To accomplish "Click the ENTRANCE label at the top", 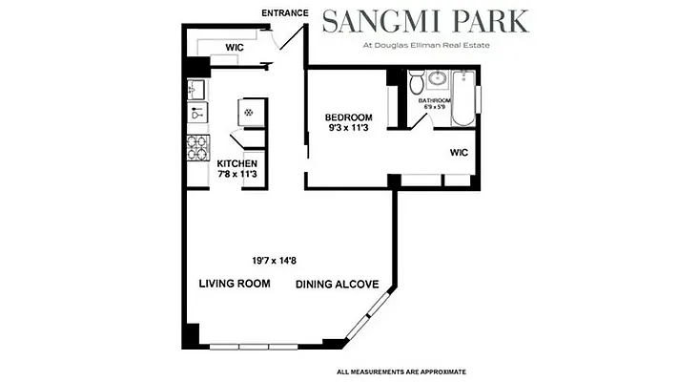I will [x=284, y=13].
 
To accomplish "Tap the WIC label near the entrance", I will [x=235, y=46].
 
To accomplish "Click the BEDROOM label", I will [x=348, y=117].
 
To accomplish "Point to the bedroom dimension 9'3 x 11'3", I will [x=348, y=129].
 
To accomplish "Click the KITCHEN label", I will [x=236, y=163].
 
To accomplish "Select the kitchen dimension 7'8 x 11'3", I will [x=236, y=175].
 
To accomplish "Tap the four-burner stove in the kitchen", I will [x=197, y=147].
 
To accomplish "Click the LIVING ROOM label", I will [x=235, y=284].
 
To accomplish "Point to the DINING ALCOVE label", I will [x=338, y=284].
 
